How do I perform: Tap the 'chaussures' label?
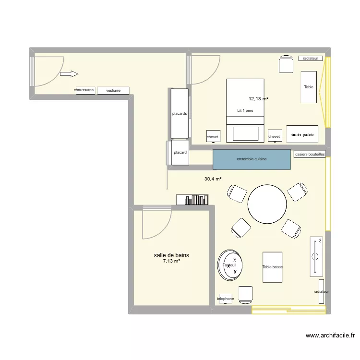tap(84, 90)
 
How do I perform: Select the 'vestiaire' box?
tap(113, 90)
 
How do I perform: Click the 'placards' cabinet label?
tap(180, 114)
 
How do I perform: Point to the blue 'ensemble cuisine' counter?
tap(252, 159)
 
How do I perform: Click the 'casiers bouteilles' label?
tap(310, 155)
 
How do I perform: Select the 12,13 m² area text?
tap(258, 99)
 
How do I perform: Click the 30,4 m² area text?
tap(213, 179)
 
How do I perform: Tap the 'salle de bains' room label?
tap(171, 255)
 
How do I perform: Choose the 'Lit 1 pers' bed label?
tap(245, 110)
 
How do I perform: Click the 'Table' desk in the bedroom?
tap(309, 87)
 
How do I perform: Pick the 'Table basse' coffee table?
tap(272, 267)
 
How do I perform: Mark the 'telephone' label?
tap(226, 299)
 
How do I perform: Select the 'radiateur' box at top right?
tap(311, 58)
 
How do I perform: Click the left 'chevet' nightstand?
tap(212, 137)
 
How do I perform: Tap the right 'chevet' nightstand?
tap(274, 137)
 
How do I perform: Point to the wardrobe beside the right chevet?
tap(302, 135)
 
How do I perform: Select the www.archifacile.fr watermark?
tap(330, 336)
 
